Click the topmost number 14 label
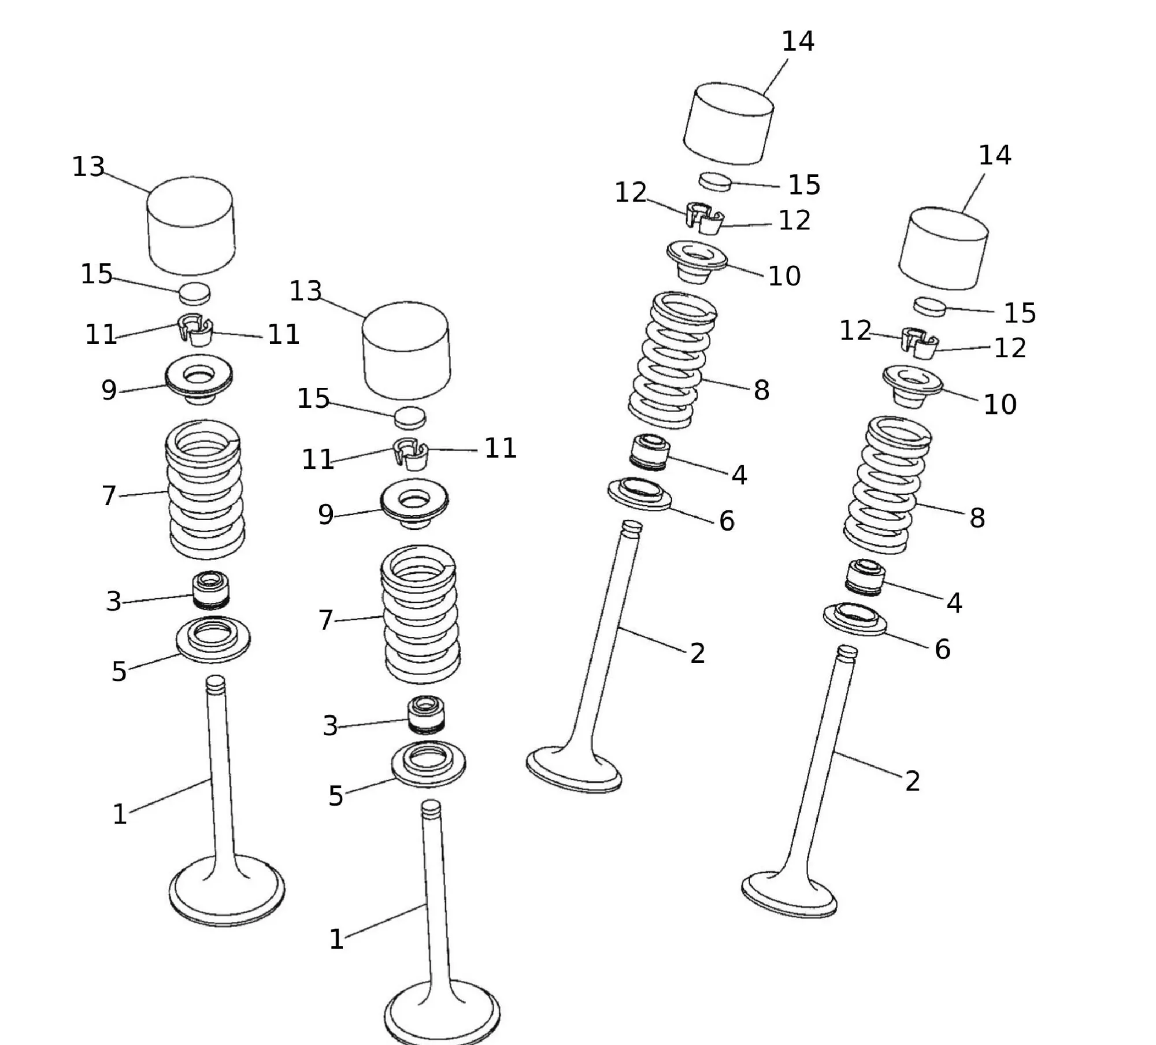(x=798, y=42)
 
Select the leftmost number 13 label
(x=88, y=167)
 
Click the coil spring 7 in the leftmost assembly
(x=205, y=490)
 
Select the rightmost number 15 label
(x=1020, y=313)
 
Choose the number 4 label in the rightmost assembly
(x=954, y=603)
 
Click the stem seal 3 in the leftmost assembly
(x=210, y=590)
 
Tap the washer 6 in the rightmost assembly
(x=855, y=620)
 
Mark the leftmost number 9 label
(x=109, y=390)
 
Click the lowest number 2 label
(x=912, y=781)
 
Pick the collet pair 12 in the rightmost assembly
(x=920, y=344)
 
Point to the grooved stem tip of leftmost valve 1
(x=215, y=684)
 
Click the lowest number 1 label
(x=336, y=939)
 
